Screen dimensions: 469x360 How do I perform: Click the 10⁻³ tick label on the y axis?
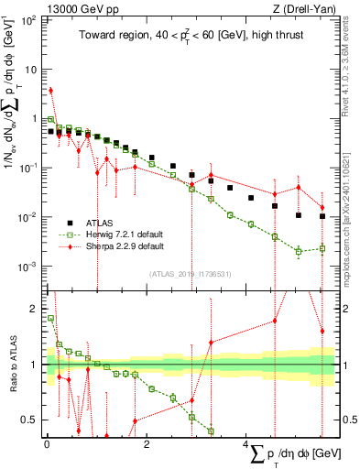[x=27, y=267]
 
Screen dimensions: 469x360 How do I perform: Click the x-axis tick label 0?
[x=47, y=443]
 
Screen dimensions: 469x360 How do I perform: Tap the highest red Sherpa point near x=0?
[x=50, y=91]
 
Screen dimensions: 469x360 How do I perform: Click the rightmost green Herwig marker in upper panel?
[x=322, y=247]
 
